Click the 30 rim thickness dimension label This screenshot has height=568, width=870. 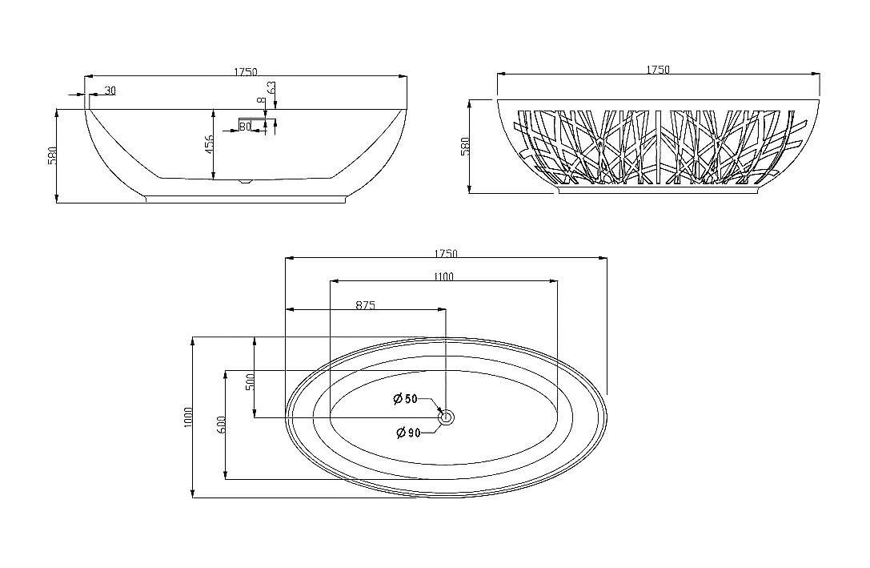[x=110, y=91]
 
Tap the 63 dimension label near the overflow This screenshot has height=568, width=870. [x=271, y=88]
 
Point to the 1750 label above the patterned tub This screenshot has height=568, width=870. [x=658, y=70]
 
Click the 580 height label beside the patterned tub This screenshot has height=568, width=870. [x=465, y=146]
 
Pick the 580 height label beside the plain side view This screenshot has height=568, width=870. [x=52, y=156]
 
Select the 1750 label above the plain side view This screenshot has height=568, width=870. [x=245, y=71]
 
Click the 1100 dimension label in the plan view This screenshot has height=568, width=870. [x=443, y=276]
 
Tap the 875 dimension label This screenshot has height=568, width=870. [x=366, y=304]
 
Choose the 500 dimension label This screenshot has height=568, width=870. [x=250, y=382]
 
